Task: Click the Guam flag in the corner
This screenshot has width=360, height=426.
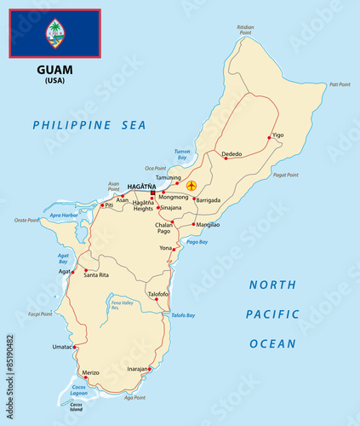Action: (x=55, y=33)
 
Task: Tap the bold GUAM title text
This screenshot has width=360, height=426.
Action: (x=55, y=70)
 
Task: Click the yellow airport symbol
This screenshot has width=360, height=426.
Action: (x=191, y=185)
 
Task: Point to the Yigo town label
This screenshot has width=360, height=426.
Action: (x=278, y=135)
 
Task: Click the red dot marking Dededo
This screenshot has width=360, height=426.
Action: (x=226, y=158)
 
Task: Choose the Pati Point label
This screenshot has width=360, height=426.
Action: (x=340, y=84)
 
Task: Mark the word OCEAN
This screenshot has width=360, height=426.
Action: (x=272, y=344)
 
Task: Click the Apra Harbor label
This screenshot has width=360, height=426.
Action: (x=64, y=216)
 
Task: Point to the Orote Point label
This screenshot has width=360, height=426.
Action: (x=26, y=221)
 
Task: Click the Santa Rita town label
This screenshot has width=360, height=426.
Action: (x=96, y=275)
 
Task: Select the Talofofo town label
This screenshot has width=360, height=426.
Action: (x=158, y=294)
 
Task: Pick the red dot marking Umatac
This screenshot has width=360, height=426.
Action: (x=75, y=347)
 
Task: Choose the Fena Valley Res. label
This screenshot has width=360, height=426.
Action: (x=122, y=305)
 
